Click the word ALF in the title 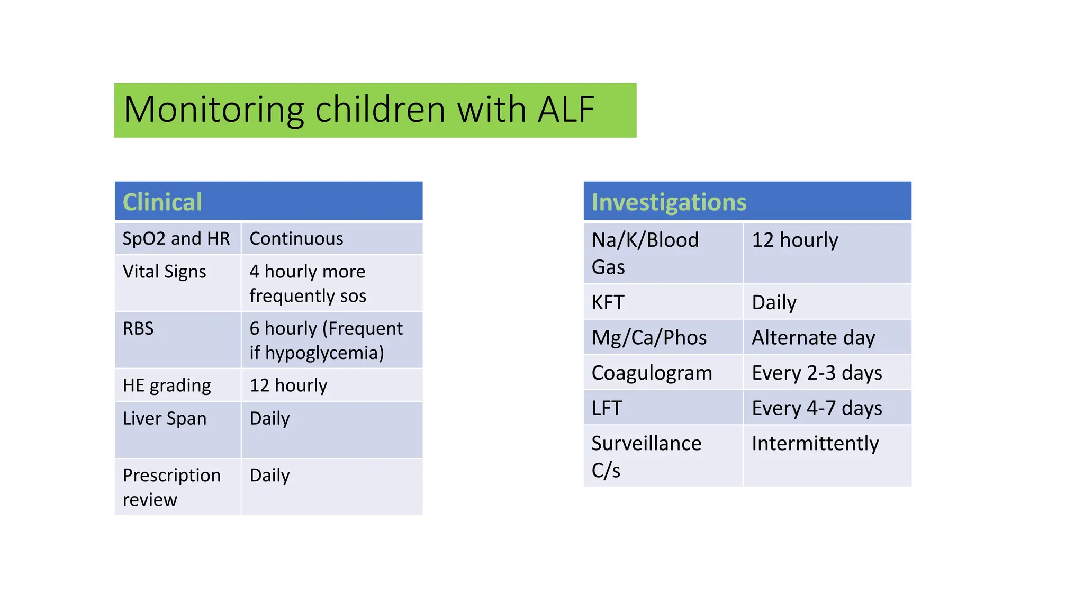[x=566, y=110]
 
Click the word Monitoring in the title [x=213, y=110]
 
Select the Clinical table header [x=162, y=202]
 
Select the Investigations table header [x=669, y=202]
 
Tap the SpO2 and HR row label [x=176, y=239]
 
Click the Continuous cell [x=296, y=239]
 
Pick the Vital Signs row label [x=164, y=272]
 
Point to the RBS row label [x=138, y=329]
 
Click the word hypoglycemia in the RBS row [x=324, y=353]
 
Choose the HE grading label [x=167, y=385]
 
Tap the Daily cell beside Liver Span [x=269, y=419]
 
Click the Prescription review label [x=171, y=487]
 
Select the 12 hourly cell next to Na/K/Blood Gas [x=794, y=240]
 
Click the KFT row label [x=608, y=303]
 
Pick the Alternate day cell [x=813, y=338]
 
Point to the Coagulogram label [x=652, y=373]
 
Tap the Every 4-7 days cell [x=817, y=408]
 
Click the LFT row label [x=607, y=408]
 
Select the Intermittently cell [x=815, y=444]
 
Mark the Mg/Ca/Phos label [x=649, y=338]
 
